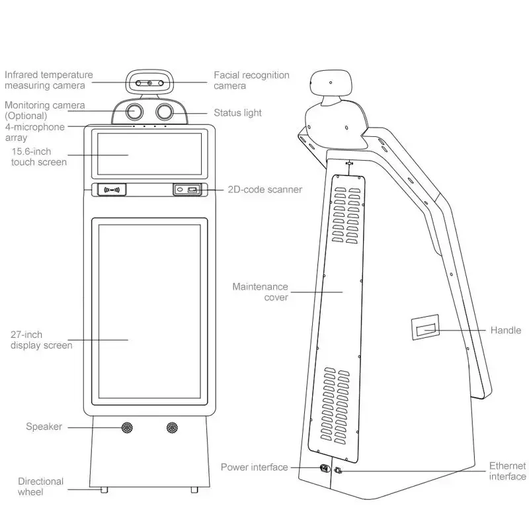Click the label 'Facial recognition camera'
pos(251,80)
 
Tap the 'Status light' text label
pos(237,113)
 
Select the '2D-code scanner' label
pos(264,190)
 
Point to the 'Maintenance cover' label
pos(260,292)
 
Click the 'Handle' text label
pos(505,330)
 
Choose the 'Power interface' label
pos(255,467)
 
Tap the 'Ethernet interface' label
pos(507,471)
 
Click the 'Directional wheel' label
pos(40,486)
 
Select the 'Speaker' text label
pos(44,427)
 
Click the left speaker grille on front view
pos(126,428)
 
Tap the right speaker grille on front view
pos(173,428)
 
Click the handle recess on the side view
pos(423,329)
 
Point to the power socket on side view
pos(324,469)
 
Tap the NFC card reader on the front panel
pos(112,190)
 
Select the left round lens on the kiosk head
pos(136,110)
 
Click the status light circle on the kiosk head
pos(164,110)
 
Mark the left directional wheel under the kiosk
pos(103,489)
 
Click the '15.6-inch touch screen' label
pos(38,157)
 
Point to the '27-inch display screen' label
pos(41,340)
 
